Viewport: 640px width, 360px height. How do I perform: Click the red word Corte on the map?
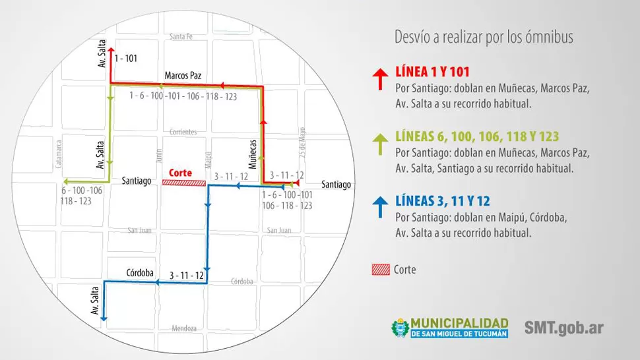pyautogui.click(x=181, y=173)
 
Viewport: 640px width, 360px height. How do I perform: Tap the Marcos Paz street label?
pyautogui.click(x=183, y=75)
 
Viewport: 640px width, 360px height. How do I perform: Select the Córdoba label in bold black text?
pyautogui.click(x=140, y=272)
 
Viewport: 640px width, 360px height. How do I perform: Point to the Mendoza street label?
pyautogui.click(x=184, y=328)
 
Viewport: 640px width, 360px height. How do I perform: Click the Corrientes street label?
pyautogui.click(x=183, y=132)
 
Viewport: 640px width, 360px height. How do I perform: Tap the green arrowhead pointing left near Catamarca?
pyautogui.click(x=65, y=181)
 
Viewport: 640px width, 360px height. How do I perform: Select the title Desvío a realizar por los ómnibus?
pyautogui.click(x=483, y=37)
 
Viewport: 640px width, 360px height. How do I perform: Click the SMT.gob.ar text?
pyautogui.click(x=564, y=327)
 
